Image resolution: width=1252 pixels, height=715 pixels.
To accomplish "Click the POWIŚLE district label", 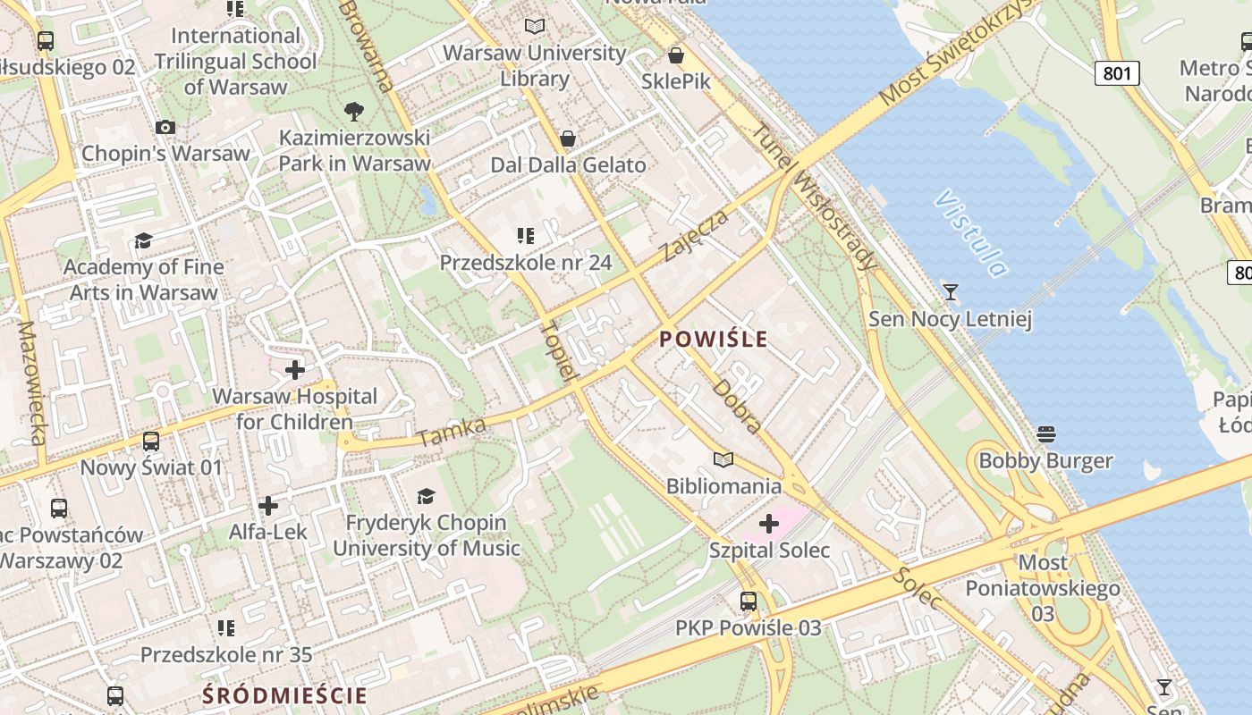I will point(713,339).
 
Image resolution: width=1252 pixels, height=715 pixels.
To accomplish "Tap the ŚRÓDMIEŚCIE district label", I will point(284,695).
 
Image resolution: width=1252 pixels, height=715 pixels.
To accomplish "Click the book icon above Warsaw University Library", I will point(535,27).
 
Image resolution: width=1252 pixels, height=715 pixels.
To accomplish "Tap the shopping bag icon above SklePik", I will point(676,55).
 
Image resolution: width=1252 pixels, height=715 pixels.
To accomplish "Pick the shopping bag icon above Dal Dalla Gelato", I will point(567,139).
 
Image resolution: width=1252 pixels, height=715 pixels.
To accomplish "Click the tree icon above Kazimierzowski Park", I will point(354,112).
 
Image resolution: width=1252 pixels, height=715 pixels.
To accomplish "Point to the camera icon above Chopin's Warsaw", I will point(165,128).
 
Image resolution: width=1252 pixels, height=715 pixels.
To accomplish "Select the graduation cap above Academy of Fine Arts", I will point(143,240).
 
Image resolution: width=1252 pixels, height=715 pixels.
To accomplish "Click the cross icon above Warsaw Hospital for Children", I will point(294,369).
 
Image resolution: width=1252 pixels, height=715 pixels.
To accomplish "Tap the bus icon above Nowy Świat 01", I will point(151,442).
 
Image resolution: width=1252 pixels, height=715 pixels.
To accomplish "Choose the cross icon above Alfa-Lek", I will point(267,506).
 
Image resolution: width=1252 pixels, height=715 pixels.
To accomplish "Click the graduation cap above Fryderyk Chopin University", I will point(426,496).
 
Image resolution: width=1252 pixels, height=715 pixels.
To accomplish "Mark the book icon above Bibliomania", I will point(723,459).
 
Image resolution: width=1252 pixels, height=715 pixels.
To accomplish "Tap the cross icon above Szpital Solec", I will point(768,524).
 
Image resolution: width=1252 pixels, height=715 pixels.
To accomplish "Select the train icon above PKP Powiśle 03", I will point(749,601).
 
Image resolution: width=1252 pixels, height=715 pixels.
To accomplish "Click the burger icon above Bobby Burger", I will point(1045,434).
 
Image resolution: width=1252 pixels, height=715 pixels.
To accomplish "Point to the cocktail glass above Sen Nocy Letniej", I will point(950,292).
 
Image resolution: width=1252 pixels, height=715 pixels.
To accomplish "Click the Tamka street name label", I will point(452,433).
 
